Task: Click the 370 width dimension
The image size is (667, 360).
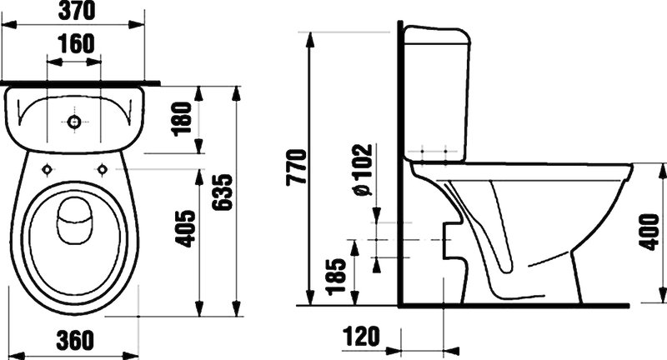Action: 77,11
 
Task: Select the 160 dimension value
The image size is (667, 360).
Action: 77,44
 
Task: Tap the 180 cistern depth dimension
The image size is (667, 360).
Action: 182,119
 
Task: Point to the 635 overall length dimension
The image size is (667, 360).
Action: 223,192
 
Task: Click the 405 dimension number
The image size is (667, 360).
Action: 186,228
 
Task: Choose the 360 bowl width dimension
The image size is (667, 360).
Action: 75,340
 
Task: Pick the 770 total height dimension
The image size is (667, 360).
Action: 296,167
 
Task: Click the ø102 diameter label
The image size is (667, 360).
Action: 363,170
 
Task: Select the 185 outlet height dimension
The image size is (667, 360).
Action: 336,277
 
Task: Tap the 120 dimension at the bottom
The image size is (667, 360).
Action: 361,336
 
